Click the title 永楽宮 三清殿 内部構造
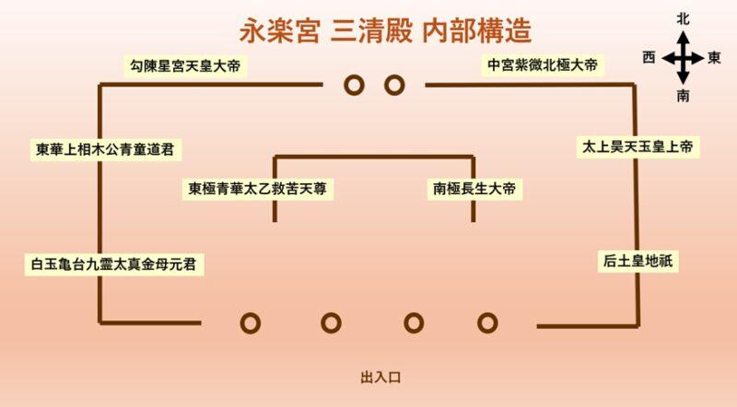coord(385,31)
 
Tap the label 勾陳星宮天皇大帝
coord(185,65)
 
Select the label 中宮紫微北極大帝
coord(543,64)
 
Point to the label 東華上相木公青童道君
coord(105,149)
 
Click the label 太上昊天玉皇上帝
coord(638,146)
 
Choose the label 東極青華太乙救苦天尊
coord(258,189)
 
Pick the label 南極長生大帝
coord(474,189)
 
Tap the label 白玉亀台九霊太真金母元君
coord(113,263)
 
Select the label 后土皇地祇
coord(638,261)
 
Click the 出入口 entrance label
coord(380,378)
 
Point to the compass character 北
coord(683,19)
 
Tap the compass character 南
coord(683,96)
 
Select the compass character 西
coord(649,57)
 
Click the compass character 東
coord(715,57)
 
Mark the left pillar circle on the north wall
coord(354,86)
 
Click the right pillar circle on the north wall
coord(394,86)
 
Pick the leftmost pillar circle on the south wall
coord(250,323)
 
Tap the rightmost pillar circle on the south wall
coord(487,323)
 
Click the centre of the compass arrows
coord(683,59)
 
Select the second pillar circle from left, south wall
coord(331,323)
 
